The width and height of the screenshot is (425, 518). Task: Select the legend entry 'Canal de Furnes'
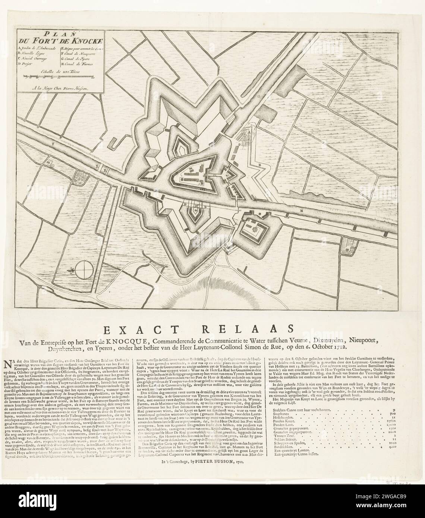coord(80,64)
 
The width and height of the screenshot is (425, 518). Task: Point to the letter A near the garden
coord(248,131)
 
